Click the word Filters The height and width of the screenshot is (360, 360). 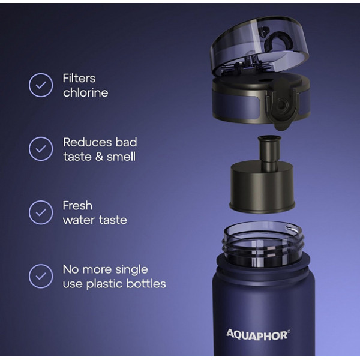click(x=79, y=78)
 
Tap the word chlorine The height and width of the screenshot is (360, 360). click(x=85, y=92)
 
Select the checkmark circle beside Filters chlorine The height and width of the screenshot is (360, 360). click(x=41, y=85)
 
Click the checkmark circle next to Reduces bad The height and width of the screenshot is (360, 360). click(x=41, y=149)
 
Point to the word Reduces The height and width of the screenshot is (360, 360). click(x=88, y=142)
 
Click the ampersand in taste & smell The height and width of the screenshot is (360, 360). click(x=99, y=157)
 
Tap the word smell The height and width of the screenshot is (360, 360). click(x=121, y=157)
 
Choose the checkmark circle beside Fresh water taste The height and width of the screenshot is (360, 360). click(x=41, y=212)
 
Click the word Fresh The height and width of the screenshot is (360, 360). click(x=77, y=206)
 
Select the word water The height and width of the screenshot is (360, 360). click(x=79, y=220)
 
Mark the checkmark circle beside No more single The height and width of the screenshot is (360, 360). click(x=41, y=276)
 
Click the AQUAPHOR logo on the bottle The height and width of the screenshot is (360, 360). click(x=257, y=335)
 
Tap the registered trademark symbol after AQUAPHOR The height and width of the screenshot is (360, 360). click(x=289, y=331)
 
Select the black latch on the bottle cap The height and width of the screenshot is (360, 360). click(x=282, y=104)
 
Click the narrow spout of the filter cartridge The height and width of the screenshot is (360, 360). click(x=269, y=152)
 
